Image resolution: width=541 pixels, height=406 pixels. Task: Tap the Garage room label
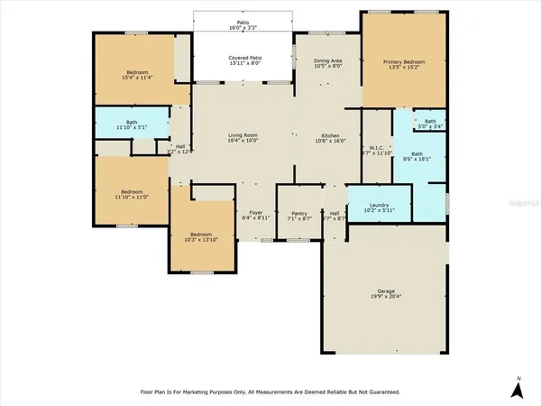[x=385, y=290]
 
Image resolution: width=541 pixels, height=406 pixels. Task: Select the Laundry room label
[x=379, y=206]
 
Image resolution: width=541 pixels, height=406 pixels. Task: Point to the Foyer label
[x=255, y=213]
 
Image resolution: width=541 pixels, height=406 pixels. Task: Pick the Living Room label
[x=242, y=134]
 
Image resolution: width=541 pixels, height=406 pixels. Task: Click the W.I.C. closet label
[x=378, y=148]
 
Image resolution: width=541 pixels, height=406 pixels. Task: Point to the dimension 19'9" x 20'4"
[x=385, y=296]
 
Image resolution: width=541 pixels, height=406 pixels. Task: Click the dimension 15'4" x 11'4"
[x=137, y=77]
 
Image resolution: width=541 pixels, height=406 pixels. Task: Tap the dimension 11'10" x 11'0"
[x=132, y=197]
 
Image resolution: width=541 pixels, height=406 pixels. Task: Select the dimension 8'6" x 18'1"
[x=417, y=159]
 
